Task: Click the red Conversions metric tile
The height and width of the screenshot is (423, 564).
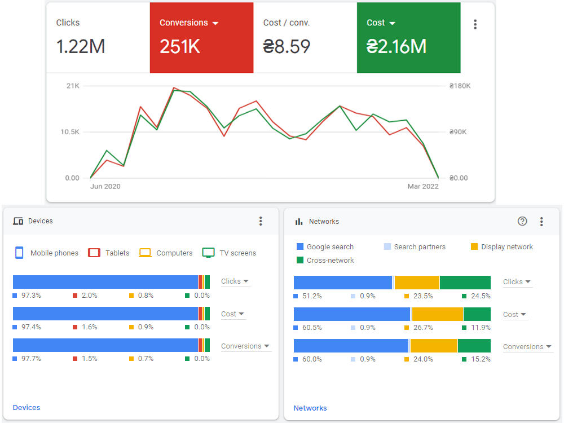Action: tap(201, 38)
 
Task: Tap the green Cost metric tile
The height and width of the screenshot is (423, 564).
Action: tap(408, 38)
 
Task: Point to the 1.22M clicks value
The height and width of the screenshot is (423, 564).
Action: tap(81, 47)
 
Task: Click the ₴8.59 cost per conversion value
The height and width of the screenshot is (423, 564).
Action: tap(287, 47)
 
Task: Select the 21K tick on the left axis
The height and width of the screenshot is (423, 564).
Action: tap(73, 86)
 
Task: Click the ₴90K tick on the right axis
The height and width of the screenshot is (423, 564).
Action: tap(458, 132)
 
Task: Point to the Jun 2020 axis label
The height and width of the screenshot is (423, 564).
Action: tap(105, 186)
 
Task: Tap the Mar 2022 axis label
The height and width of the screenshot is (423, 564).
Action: tap(423, 186)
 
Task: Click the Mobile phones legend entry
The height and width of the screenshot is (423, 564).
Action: tap(47, 253)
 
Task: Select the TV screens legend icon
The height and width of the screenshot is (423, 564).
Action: tap(208, 253)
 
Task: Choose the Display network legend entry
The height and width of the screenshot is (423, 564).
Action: tap(502, 247)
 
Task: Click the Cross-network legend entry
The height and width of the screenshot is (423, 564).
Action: tap(325, 260)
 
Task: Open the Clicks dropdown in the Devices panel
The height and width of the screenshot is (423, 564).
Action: tap(235, 281)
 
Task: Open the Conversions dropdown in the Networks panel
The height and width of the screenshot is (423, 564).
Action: tap(527, 347)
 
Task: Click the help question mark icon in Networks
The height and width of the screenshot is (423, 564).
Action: tap(522, 221)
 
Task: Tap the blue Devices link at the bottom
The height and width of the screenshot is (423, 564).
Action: tap(27, 408)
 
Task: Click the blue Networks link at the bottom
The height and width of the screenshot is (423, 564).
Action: tap(310, 408)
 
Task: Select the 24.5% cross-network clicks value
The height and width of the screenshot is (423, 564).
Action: tap(481, 296)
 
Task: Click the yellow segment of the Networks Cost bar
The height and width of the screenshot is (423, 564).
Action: tap(438, 314)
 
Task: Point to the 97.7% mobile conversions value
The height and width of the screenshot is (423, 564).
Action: tap(31, 359)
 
